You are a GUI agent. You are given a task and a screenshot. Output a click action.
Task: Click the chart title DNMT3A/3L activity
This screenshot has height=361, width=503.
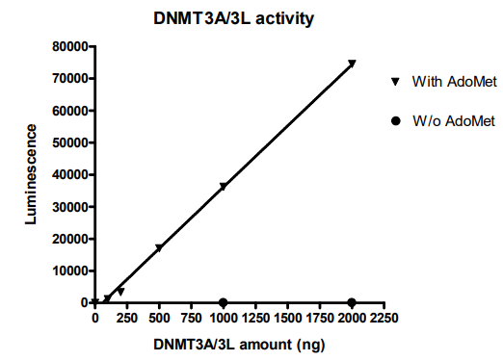235,17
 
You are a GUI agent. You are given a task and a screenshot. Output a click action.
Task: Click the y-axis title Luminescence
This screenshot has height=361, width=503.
31,174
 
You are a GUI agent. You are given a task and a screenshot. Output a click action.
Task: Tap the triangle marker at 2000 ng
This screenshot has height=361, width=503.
352,64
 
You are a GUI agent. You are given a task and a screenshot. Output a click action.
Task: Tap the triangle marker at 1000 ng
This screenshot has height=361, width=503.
224,187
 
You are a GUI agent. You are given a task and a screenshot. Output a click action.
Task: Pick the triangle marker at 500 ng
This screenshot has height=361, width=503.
159,248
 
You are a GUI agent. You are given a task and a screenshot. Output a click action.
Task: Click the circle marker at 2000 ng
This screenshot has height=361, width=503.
352,302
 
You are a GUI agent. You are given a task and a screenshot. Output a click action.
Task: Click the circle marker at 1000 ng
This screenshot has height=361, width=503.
224,302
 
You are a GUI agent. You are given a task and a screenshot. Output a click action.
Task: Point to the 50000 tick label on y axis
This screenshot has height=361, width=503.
69,142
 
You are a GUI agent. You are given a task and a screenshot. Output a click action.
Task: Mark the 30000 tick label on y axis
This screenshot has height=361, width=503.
69,206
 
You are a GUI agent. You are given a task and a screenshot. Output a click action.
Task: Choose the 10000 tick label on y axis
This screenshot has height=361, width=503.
69,271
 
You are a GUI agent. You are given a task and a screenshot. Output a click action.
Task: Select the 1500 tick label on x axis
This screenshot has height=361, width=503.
287,317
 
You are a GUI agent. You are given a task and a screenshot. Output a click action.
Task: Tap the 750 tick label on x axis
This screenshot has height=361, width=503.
191,317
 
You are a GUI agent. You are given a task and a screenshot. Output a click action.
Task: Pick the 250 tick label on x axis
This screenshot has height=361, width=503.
127,317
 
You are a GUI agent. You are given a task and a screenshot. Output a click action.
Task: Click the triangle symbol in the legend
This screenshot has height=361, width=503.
395,82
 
